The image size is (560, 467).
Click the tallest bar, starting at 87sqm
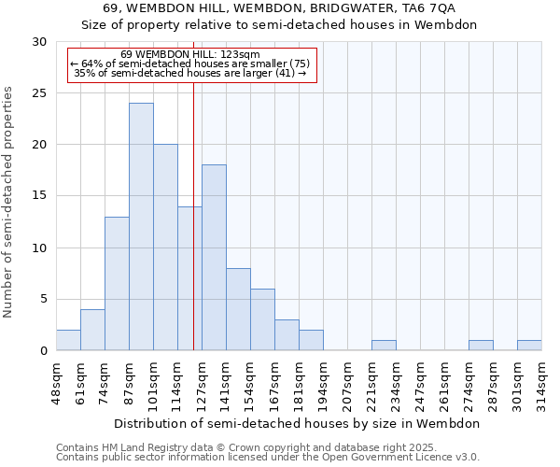click(x=141, y=227)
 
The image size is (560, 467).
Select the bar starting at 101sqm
click(x=165, y=248)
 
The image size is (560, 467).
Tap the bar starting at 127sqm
click(x=214, y=258)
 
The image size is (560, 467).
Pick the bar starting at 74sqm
click(x=117, y=284)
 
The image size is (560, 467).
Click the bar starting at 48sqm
click(x=68, y=340)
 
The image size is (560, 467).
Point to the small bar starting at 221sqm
click(x=384, y=346)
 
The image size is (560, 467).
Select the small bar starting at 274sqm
click(x=481, y=346)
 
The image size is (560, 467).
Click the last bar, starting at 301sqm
click(x=529, y=346)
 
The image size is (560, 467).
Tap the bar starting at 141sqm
click(x=238, y=310)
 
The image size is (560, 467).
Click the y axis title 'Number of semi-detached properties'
click(x=9, y=201)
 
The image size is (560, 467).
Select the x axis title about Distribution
click(x=299, y=423)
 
